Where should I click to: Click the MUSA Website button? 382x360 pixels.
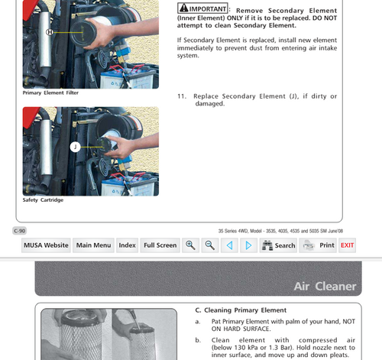click(46, 245)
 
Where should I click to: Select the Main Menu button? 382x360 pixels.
click(93, 245)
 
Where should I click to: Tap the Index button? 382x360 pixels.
click(127, 245)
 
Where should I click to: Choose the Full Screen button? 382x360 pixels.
click(160, 245)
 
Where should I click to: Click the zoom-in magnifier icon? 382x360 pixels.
click(190, 245)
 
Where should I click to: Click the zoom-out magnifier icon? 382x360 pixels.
click(209, 245)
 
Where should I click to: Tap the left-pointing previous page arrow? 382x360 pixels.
click(229, 245)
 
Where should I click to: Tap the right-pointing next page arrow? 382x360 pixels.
click(248, 245)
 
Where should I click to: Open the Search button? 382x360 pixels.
click(278, 245)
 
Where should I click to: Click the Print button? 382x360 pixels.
click(318, 245)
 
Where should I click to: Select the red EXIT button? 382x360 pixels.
click(347, 245)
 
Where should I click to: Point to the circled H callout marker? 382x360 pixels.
click(50, 32)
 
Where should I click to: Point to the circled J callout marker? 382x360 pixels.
click(75, 146)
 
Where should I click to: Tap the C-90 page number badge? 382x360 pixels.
click(19, 230)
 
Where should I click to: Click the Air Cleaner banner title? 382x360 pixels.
click(325, 287)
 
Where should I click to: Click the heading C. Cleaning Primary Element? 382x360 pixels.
click(241, 310)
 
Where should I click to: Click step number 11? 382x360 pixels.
click(182, 96)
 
